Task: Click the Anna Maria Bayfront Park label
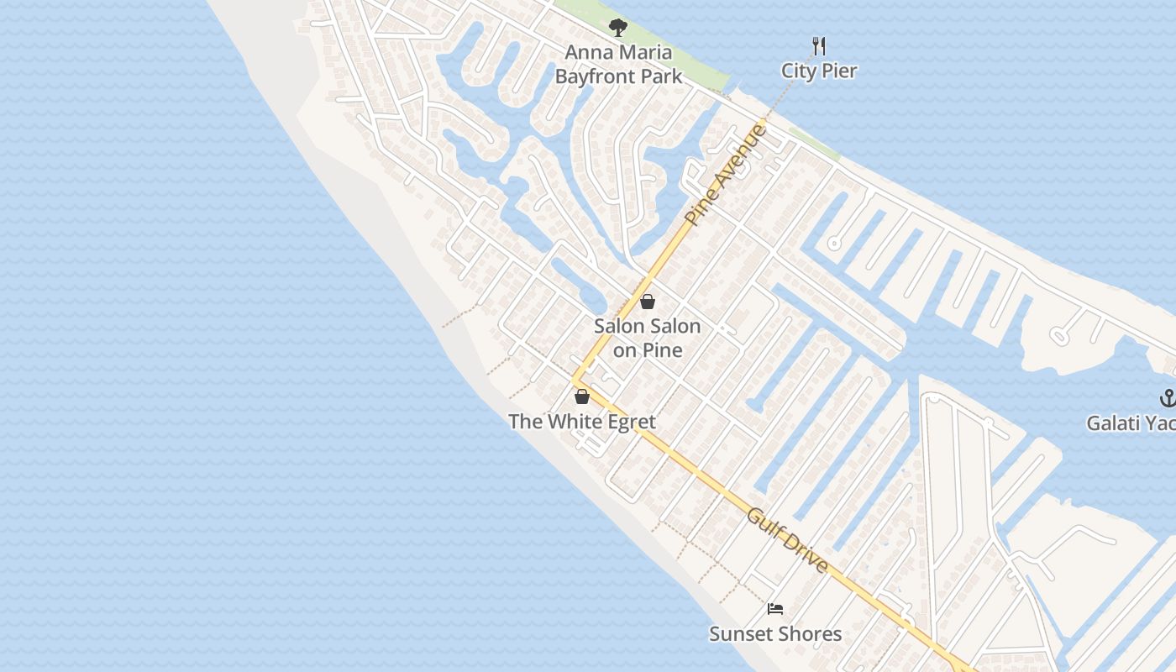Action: (618, 65)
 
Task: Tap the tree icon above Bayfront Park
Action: (618, 28)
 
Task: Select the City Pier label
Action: (819, 71)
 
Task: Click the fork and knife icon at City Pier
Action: (819, 45)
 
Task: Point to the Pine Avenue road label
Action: (727, 174)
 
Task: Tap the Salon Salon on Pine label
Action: (647, 338)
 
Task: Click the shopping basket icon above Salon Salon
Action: (648, 302)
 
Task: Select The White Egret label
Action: (581, 422)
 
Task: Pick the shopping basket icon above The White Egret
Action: (581, 396)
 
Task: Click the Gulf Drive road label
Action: (787, 540)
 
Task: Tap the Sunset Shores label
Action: (775, 634)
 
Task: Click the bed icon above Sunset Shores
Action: (775, 609)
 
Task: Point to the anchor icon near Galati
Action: (1167, 397)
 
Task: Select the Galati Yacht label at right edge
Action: (1131, 423)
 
